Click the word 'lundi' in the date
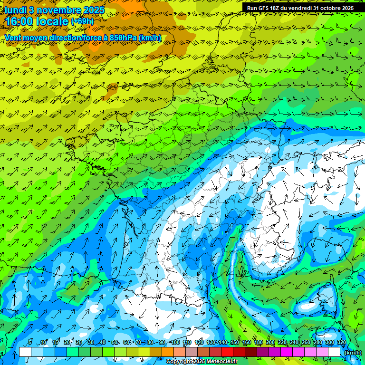point(15,10)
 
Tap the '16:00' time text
point(22,21)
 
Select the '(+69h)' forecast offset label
point(82,21)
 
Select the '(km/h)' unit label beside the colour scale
point(353,352)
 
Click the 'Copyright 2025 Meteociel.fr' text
point(202,362)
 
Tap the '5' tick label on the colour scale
point(30,343)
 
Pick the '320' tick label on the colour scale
point(342,343)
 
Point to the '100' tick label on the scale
point(175,343)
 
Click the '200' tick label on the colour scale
point(270,343)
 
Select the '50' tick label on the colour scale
point(115,343)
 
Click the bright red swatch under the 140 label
point(227,352)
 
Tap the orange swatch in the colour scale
point(168,352)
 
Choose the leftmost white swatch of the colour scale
point(25,352)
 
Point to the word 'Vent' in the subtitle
point(13,38)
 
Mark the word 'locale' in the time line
point(56,21)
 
